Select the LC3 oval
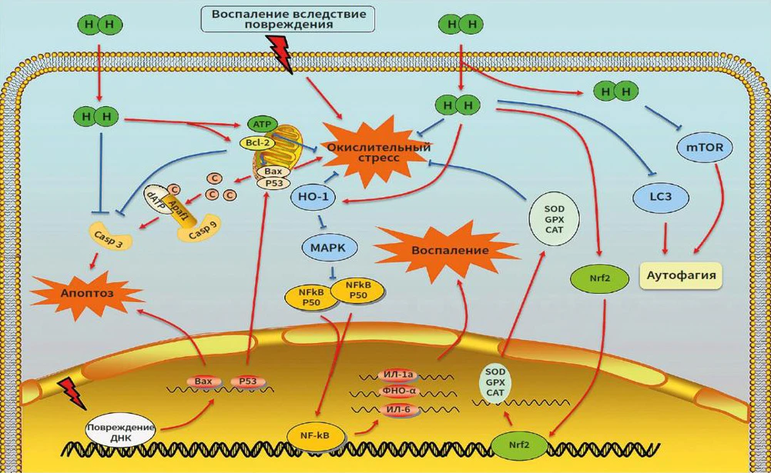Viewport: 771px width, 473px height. coord(661,198)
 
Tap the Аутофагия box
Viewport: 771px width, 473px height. coord(680,274)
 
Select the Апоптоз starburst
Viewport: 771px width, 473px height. coord(86,293)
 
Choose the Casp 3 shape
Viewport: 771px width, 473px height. coord(112,236)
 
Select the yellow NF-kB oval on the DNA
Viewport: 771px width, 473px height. coord(315,436)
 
